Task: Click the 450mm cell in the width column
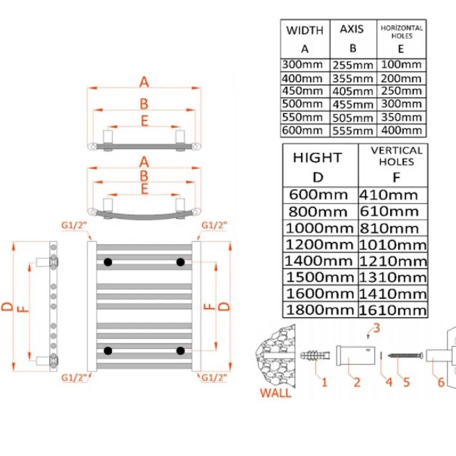tap(302, 91)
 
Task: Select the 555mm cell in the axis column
tap(353, 131)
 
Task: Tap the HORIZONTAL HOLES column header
tap(401, 32)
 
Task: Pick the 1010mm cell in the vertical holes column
tap(392, 245)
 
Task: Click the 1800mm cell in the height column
tap(320, 310)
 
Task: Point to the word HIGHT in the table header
tap(317, 158)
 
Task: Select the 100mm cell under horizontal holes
tap(401, 65)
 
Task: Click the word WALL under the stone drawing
tap(276, 393)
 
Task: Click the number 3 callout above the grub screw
tap(376, 328)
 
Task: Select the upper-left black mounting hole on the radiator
tap(108, 262)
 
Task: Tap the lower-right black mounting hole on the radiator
tap(180, 350)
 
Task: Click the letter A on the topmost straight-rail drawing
tap(144, 82)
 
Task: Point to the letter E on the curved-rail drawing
tap(144, 189)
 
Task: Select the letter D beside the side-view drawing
tap(8, 306)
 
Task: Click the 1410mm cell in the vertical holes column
tap(392, 294)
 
